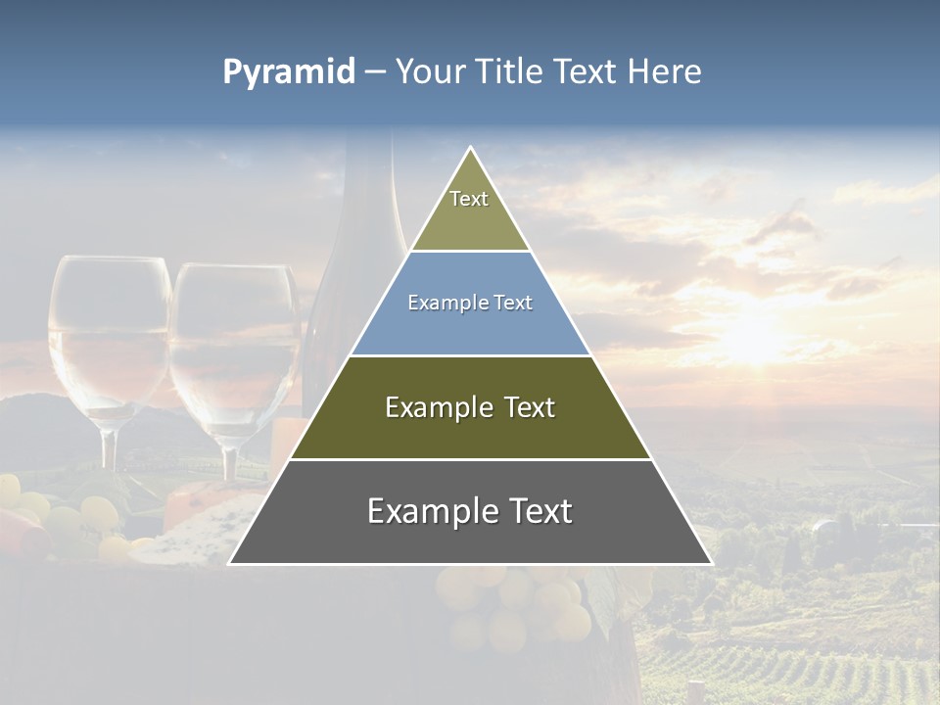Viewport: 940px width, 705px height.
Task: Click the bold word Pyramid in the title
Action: [x=289, y=72]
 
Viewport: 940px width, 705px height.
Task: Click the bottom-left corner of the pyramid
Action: [x=231, y=563]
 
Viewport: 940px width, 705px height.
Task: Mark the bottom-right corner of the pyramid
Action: [x=710, y=563]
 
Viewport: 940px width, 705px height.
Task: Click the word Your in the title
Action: [x=429, y=72]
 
